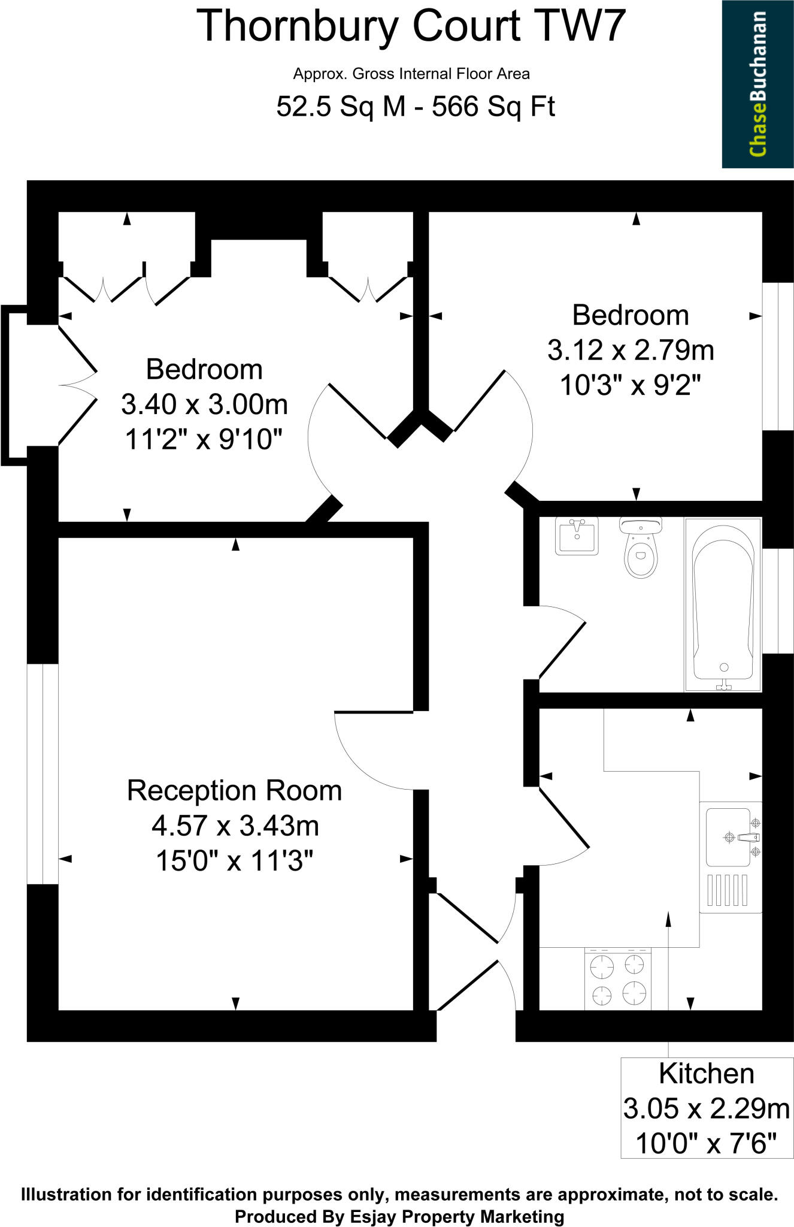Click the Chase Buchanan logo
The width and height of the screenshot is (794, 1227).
click(x=757, y=84)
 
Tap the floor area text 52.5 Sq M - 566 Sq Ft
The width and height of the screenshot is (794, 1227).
click(x=416, y=107)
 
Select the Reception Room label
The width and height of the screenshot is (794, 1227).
click(x=234, y=791)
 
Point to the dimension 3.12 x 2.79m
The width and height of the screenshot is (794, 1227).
click(x=631, y=350)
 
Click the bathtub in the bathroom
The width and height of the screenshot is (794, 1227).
click(x=723, y=604)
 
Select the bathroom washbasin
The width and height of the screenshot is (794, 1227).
click(x=576, y=536)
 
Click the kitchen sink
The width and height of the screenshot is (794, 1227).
click(x=728, y=836)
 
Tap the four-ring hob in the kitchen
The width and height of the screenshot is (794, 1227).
click(x=617, y=979)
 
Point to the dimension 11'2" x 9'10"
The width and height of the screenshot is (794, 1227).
click(x=204, y=440)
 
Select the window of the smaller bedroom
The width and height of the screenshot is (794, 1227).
click(x=777, y=356)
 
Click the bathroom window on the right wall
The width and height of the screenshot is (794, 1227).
click(x=777, y=600)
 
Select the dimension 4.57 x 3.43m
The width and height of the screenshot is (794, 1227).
click(x=235, y=826)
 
